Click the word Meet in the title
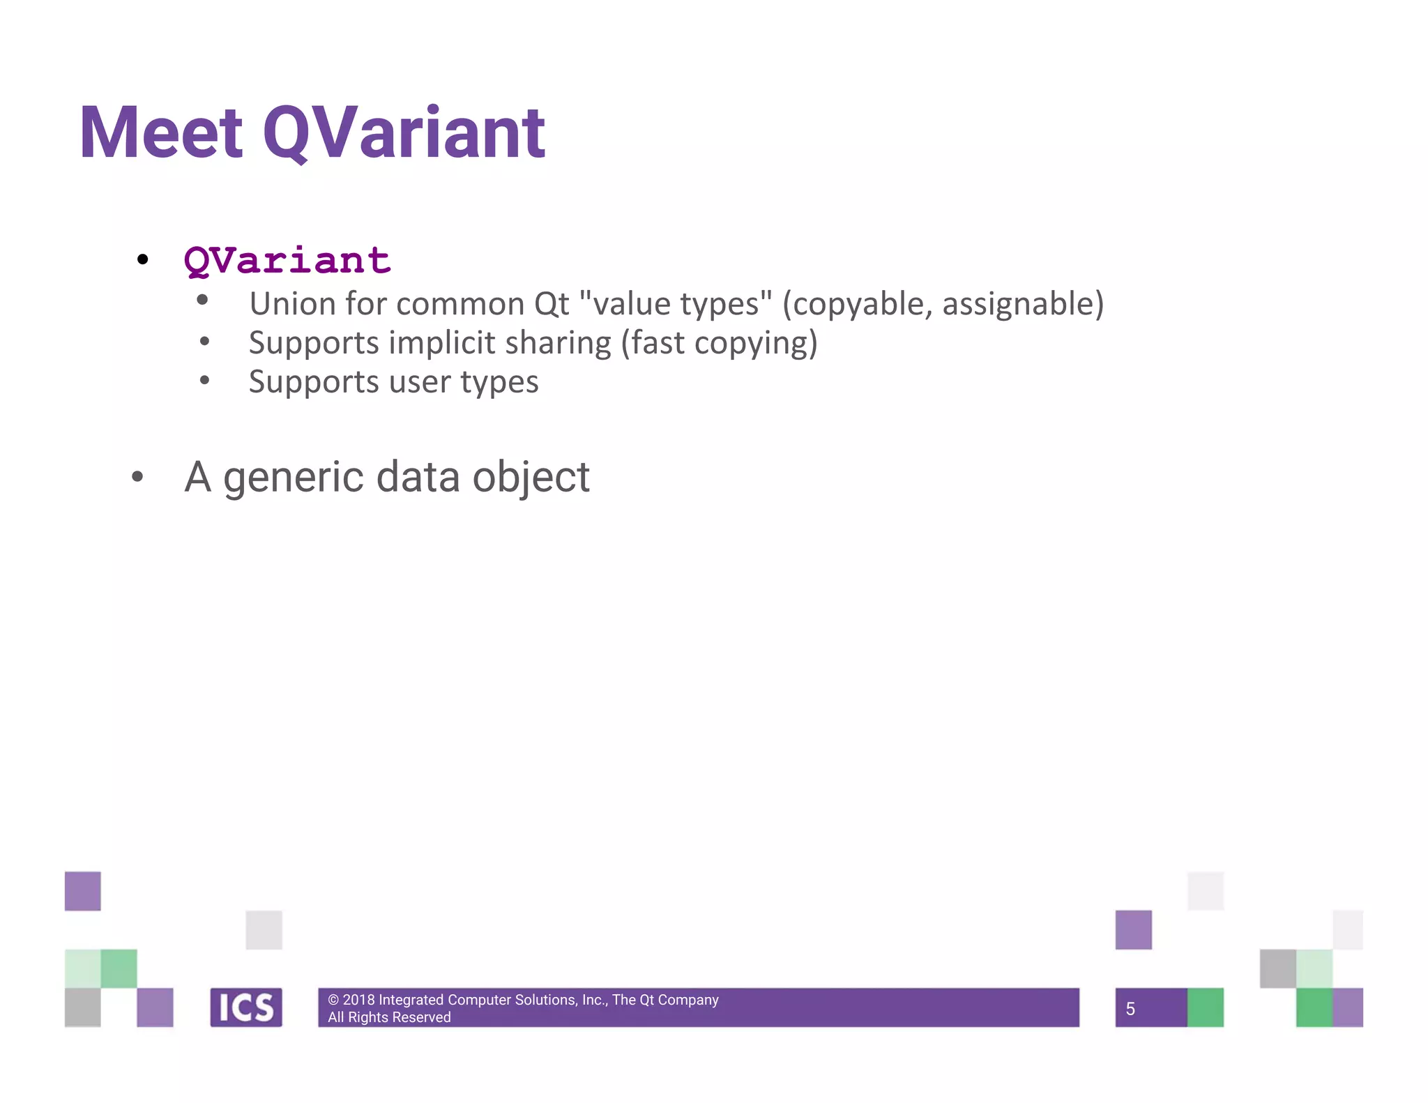161,133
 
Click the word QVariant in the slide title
404,133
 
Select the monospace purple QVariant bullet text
287,261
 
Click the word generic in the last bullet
293,478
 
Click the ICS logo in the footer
246,1007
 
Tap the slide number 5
1130,1009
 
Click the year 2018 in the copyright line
358,1000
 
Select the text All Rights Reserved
389,1017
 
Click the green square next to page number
1205,1007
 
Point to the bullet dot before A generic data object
137,477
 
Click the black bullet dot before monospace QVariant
143,260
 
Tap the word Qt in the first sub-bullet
552,304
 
